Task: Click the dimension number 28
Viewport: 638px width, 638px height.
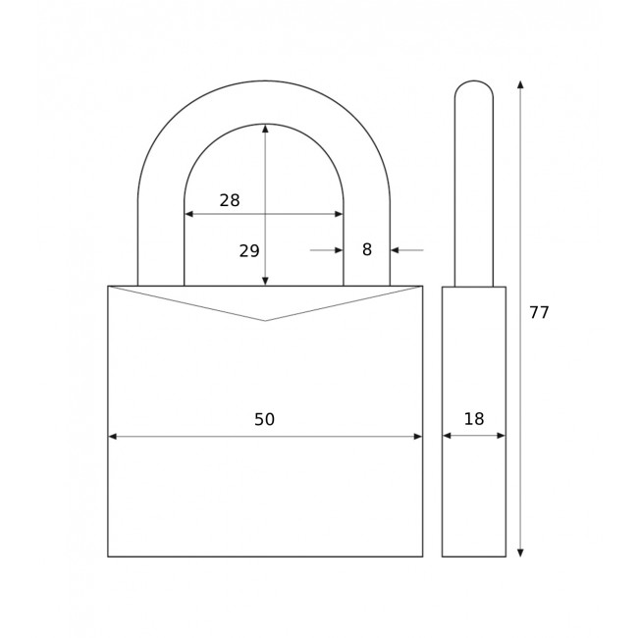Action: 230,200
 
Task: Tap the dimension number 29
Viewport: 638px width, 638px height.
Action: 249,251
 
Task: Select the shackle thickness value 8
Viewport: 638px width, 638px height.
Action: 367,250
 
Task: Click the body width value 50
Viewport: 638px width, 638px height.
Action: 264,420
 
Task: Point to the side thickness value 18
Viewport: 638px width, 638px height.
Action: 474,419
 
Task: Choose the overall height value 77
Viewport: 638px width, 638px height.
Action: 539,313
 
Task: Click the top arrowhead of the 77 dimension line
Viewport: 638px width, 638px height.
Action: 520,85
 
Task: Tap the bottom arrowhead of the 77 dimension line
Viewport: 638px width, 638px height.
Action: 520,552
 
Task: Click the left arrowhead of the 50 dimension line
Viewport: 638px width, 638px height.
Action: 113,437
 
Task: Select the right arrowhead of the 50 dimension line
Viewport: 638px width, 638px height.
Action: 417,437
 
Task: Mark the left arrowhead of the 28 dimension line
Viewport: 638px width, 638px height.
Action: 189,214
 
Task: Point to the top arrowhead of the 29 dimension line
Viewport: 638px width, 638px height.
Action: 265,129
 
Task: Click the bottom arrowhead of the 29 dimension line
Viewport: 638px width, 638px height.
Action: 265,281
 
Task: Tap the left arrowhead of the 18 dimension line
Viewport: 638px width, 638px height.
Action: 447,436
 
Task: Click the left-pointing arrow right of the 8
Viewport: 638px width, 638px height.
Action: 396,250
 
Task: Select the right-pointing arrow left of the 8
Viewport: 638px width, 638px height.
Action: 338,250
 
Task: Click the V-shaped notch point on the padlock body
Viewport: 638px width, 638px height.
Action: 265,321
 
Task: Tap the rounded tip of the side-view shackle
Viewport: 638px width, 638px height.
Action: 474,82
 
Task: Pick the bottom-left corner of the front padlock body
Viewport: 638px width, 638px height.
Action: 108,557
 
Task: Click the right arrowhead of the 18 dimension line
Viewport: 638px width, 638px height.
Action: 501,436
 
